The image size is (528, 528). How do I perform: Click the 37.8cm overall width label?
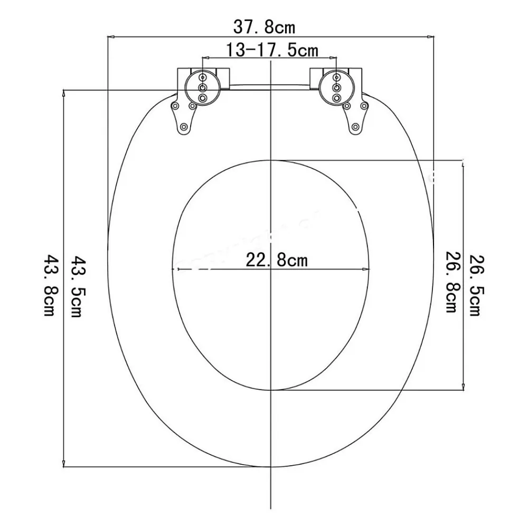[264, 27]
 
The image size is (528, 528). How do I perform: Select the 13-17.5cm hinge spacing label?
[272, 51]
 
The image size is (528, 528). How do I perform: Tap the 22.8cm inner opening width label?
[277, 260]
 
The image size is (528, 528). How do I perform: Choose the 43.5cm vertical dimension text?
[77, 287]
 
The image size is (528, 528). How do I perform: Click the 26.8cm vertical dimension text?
[451, 282]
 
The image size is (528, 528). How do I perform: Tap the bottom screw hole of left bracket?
[184, 127]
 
